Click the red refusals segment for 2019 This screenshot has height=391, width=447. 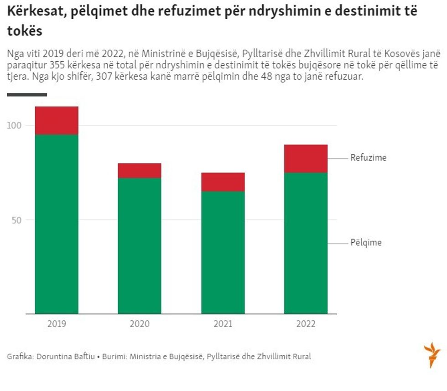tap(57, 120)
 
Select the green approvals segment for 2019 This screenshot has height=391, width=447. tap(57, 224)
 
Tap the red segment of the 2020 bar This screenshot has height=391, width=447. tap(140, 171)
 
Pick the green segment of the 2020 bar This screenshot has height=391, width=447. tap(140, 245)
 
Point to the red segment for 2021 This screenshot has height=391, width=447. tap(223, 182)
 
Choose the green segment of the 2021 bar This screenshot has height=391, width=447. tap(223, 252)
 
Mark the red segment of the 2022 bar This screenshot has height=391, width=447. tap(306, 158)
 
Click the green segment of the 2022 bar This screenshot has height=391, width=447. tap(306, 243)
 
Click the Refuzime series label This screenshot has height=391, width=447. tap(368, 158)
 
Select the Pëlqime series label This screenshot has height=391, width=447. tap(366, 243)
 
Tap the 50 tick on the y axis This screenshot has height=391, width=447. tap(16, 220)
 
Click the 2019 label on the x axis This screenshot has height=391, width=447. tap(57, 324)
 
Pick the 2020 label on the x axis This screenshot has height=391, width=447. tap(140, 324)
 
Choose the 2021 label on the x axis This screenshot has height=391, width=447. tap(223, 324)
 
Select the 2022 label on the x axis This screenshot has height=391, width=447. tap(306, 324)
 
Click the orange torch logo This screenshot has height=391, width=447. tap(431, 355)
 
